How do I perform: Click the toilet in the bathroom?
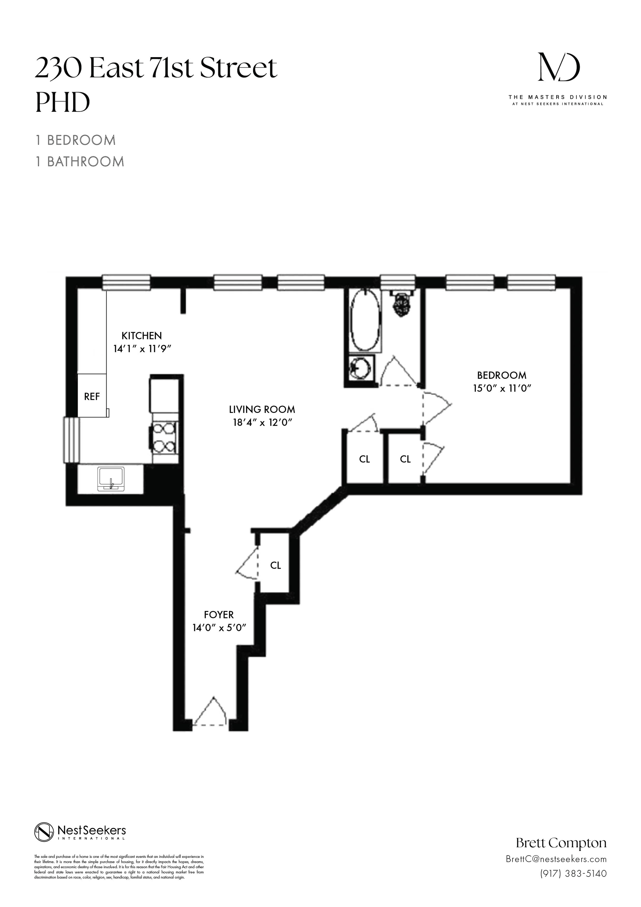click(402, 305)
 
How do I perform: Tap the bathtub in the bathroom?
click(366, 321)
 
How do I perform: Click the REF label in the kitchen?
click(91, 396)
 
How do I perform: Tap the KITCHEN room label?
click(141, 336)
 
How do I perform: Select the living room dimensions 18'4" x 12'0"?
click(262, 422)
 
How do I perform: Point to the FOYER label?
click(219, 615)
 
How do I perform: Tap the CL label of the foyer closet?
click(275, 565)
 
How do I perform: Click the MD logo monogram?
click(559, 67)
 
